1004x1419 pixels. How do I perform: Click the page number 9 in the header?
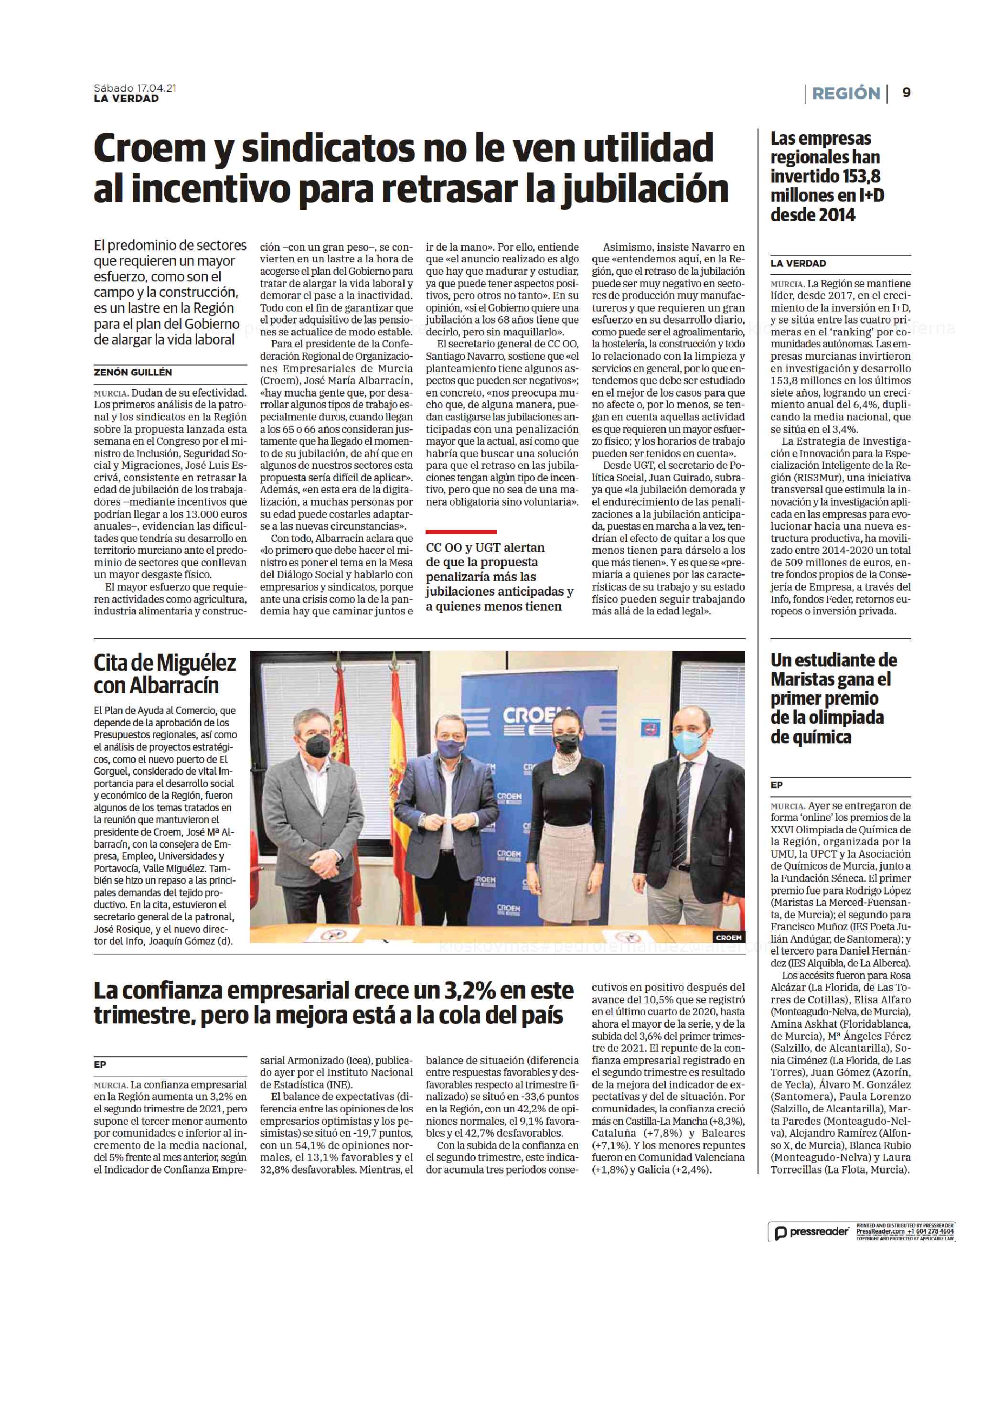click(x=906, y=93)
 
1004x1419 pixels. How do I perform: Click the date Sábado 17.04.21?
click(x=135, y=88)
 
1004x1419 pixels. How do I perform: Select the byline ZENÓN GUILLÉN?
click(x=133, y=372)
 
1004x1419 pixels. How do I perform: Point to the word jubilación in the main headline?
click(x=645, y=189)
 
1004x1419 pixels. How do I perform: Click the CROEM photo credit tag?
click(x=728, y=937)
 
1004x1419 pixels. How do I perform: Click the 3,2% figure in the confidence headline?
click(x=469, y=990)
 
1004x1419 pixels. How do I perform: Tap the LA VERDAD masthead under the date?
click(x=126, y=98)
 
